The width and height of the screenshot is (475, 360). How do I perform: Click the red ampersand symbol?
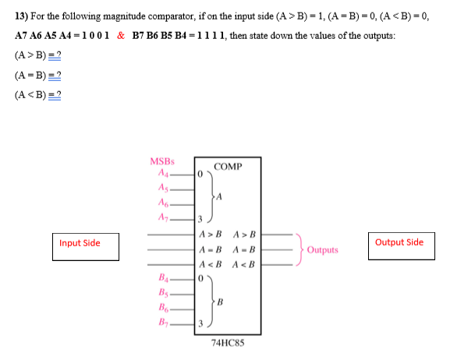pos(121,36)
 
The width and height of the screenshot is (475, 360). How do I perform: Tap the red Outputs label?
pos(322,250)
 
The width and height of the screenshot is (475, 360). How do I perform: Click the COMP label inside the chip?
pos(227,167)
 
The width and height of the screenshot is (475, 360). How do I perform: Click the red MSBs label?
pos(161,161)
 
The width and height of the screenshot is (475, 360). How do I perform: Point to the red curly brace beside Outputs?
pos(300,249)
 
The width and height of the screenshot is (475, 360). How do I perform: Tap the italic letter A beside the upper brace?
pos(220,196)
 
